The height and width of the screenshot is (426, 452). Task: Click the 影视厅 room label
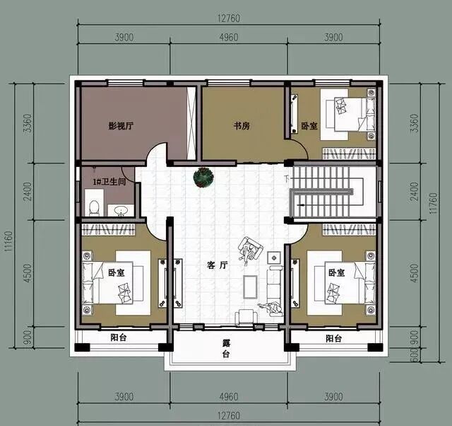pos(121,126)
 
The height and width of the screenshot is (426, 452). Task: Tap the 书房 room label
pos(242,126)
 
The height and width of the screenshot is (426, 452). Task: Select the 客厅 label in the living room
pos(218,265)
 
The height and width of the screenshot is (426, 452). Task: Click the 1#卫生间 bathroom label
pos(109,182)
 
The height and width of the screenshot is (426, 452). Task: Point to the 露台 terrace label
pos(226,349)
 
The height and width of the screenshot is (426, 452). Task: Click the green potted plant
pos(203,178)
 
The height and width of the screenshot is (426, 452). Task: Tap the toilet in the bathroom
pos(94,207)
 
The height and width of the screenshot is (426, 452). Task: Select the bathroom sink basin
pos(121,210)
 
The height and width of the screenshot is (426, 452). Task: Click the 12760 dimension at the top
pos(229,18)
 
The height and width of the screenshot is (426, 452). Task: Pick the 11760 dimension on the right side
pos(434,203)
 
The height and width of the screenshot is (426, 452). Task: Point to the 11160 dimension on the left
pos(9,241)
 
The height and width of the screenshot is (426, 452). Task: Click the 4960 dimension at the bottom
pos(229,397)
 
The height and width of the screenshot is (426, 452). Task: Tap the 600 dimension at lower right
pos(414,355)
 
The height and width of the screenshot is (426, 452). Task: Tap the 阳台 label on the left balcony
pos(119,338)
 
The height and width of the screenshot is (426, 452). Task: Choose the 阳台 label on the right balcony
pos(334,338)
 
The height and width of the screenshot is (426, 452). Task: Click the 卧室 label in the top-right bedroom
pos(309,126)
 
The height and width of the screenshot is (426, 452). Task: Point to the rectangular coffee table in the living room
pos(250,287)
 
